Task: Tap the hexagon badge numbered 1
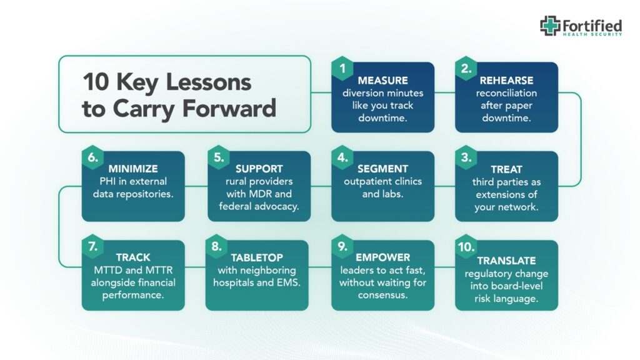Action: tap(342, 68)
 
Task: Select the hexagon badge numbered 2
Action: tap(466, 68)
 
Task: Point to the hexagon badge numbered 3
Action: tap(466, 157)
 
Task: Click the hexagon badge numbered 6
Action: tap(92, 157)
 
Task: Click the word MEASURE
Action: tap(382, 81)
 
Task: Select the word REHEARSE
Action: tap(506, 81)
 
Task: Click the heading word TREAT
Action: tap(506, 169)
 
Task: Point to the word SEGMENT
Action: tap(382, 169)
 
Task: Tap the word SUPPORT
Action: tap(259, 169)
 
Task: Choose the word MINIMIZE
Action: tap(133, 169)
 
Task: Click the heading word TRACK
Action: tap(133, 257)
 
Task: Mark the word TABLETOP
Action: tap(257, 257)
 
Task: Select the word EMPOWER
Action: tap(382, 257)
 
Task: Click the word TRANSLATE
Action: tap(506, 261)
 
